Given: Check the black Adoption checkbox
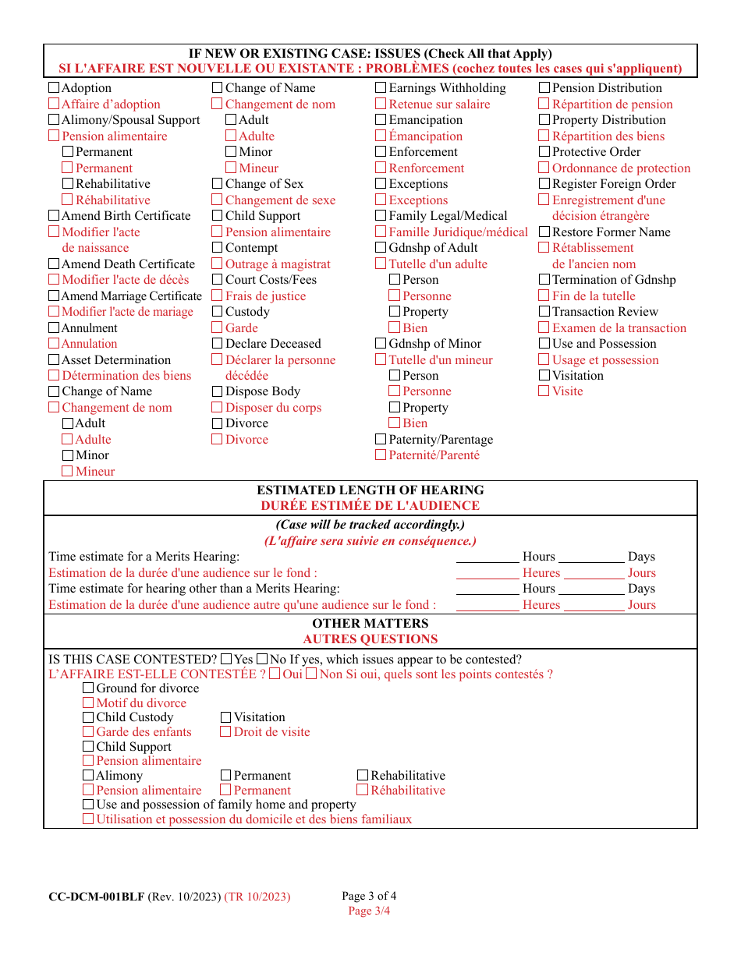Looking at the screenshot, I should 54,88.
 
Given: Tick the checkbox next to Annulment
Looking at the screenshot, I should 54,328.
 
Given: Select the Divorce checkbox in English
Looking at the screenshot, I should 218,423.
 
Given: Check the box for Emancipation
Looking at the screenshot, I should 381,120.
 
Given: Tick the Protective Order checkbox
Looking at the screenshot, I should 544,152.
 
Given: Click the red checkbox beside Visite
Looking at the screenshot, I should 544,391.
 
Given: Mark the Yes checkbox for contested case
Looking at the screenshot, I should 227,660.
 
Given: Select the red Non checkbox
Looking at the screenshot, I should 311,674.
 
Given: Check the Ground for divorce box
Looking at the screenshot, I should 88,688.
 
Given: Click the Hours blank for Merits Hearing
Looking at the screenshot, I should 487,557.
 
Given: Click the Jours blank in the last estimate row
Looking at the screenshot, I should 594,605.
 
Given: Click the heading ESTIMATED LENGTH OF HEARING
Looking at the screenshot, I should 370,490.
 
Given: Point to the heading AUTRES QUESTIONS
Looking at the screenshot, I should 370,639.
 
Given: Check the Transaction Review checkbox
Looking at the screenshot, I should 544,312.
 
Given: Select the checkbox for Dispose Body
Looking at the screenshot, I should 218,391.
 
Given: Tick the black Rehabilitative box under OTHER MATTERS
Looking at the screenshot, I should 363,776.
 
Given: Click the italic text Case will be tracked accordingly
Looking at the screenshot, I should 370,525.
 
